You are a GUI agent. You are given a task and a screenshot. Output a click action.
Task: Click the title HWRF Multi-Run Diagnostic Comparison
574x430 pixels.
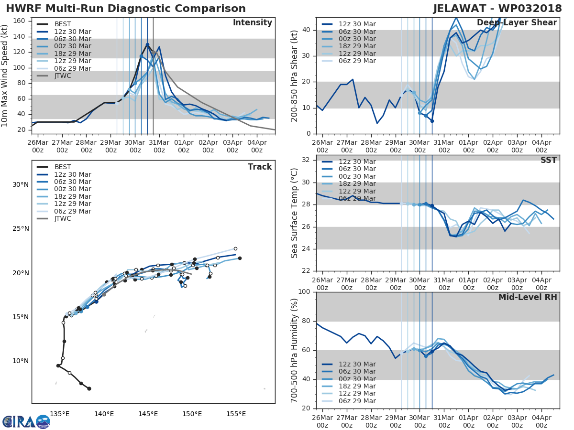(x=126, y=9)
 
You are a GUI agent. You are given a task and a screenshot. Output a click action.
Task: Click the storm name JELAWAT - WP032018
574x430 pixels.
(x=498, y=9)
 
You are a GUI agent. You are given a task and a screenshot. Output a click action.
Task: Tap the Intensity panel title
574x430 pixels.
(x=252, y=23)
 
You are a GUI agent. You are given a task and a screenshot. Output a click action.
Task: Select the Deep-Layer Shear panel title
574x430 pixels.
(x=517, y=23)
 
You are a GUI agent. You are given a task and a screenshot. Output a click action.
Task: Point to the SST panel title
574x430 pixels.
(x=549, y=160)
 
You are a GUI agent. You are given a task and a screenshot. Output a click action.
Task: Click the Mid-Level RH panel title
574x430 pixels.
(x=528, y=297)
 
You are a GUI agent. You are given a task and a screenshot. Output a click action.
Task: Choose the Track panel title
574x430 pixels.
(x=260, y=167)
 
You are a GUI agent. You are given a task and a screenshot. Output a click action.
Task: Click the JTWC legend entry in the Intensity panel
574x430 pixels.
(x=63, y=75)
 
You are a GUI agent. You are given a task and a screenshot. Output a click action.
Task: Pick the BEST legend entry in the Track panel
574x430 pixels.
(x=63, y=167)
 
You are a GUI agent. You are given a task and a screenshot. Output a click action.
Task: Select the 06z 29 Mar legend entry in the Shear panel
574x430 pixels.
(x=357, y=61)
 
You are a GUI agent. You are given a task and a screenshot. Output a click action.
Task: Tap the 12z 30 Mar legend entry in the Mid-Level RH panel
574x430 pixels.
(x=357, y=364)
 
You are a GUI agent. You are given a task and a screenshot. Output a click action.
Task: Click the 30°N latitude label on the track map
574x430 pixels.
(x=20, y=185)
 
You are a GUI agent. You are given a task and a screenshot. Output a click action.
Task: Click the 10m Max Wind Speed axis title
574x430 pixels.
(x=6, y=75)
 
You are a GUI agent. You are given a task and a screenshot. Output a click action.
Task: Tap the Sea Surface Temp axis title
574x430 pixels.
(x=295, y=213)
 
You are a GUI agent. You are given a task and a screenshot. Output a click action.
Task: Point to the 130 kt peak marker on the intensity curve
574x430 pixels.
(x=147, y=44)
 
